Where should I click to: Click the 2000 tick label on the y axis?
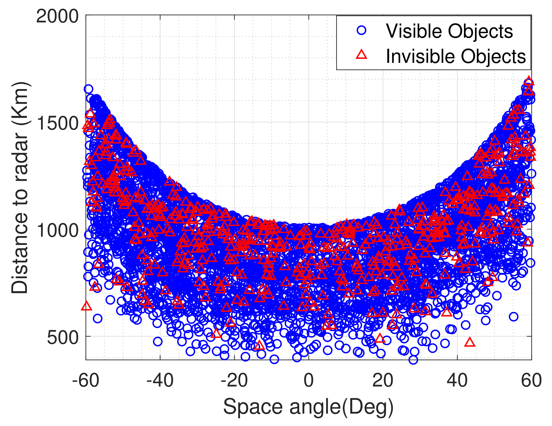click(x=57, y=17)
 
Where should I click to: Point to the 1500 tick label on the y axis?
click(x=57, y=124)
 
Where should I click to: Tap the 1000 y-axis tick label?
click(x=57, y=231)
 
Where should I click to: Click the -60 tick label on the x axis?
click(x=86, y=380)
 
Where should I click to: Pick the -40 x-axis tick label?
click(x=160, y=380)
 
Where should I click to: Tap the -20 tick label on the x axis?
click(x=234, y=380)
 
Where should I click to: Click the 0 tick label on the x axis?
click(x=309, y=380)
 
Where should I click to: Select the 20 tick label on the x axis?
click(x=383, y=380)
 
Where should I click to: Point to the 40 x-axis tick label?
click(x=457, y=380)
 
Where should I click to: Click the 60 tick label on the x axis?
click(x=531, y=380)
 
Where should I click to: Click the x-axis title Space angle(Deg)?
click(x=308, y=407)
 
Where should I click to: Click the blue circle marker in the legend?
click(x=362, y=30)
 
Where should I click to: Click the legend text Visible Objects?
click(x=449, y=31)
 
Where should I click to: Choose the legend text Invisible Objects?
click(x=456, y=56)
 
